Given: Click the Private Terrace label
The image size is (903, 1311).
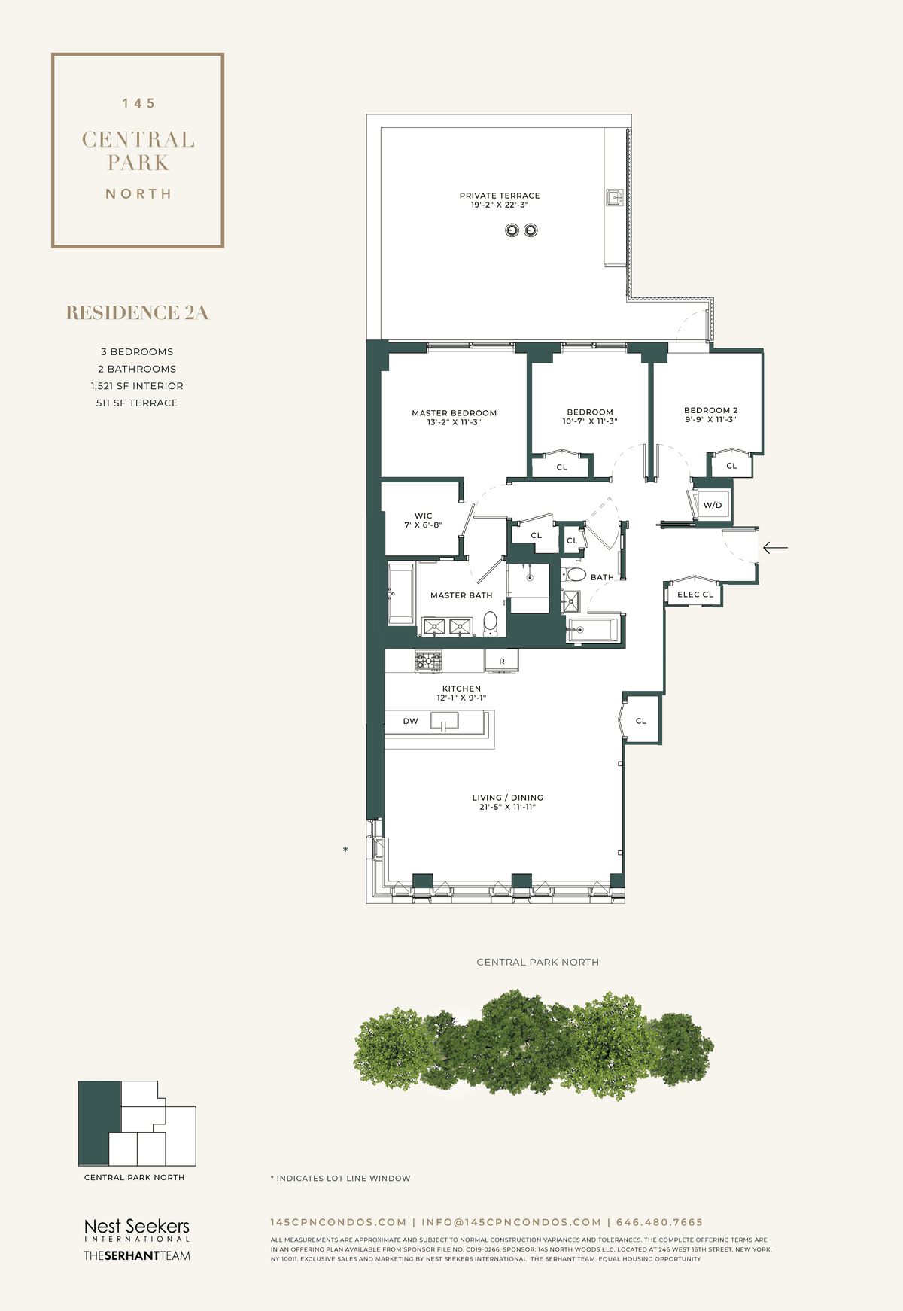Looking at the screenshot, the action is click(x=500, y=196).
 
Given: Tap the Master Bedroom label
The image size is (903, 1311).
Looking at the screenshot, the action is click(x=455, y=413).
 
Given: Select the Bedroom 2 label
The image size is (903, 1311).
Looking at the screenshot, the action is click(x=710, y=410).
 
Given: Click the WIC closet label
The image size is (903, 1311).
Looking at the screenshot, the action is click(x=424, y=516).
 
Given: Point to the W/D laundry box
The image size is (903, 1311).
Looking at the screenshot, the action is click(x=713, y=505).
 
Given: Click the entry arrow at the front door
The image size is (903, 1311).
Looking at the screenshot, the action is click(x=775, y=548).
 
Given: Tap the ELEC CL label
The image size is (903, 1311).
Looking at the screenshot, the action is click(x=695, y=595).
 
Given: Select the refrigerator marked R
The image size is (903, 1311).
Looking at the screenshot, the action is click(x=502, y=661).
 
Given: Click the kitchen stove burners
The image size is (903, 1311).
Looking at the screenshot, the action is click(x=429, y=662).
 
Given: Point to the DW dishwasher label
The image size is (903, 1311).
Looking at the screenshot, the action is click(x=410, y=721).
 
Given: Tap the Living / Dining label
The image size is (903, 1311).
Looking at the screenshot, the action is click(x=508, y=798).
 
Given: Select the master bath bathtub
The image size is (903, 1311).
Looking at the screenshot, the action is click(x=401, y=594).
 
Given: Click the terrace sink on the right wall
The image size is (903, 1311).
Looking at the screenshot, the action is click(x=615, y=198).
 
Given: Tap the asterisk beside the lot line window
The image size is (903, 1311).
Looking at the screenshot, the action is click(x=345, y=850).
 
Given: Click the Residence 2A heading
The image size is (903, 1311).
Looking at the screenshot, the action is click(x=137, y=313).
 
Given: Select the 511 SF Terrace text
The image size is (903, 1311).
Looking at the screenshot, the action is click(x=137, y=403).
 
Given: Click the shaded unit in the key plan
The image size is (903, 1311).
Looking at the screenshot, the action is click(x=99, y=1123).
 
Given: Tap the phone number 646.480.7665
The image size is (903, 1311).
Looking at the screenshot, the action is click(x=659, y=1222).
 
